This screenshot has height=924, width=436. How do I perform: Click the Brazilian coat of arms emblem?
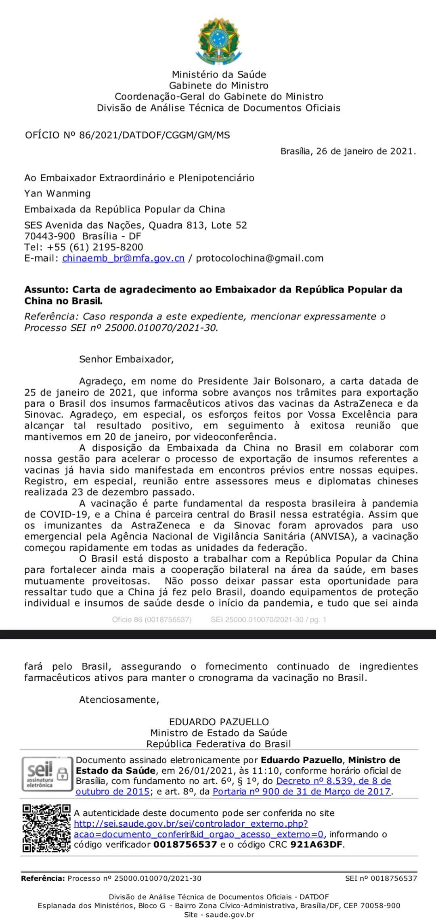coord(218,42)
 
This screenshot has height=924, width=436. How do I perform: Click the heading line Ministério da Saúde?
coord(219,74)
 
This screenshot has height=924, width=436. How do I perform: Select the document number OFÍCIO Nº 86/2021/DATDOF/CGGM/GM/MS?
coord(128,135)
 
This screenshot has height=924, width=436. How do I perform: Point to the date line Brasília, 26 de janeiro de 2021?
coord(348,151)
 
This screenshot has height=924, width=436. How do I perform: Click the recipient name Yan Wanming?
coord(57,193)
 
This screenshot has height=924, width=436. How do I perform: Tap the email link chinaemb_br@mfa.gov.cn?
coord(123,258)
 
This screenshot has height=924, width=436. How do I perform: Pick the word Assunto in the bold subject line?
coord(46,290)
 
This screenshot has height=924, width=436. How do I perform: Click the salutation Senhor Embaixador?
coord(126,359)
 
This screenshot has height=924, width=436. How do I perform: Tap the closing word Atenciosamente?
coord(119,699)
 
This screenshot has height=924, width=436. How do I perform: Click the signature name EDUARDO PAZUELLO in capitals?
coord(219,722)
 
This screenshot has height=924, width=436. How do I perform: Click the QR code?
coord(46,828)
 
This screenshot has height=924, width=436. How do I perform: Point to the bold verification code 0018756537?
coord(185,844)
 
